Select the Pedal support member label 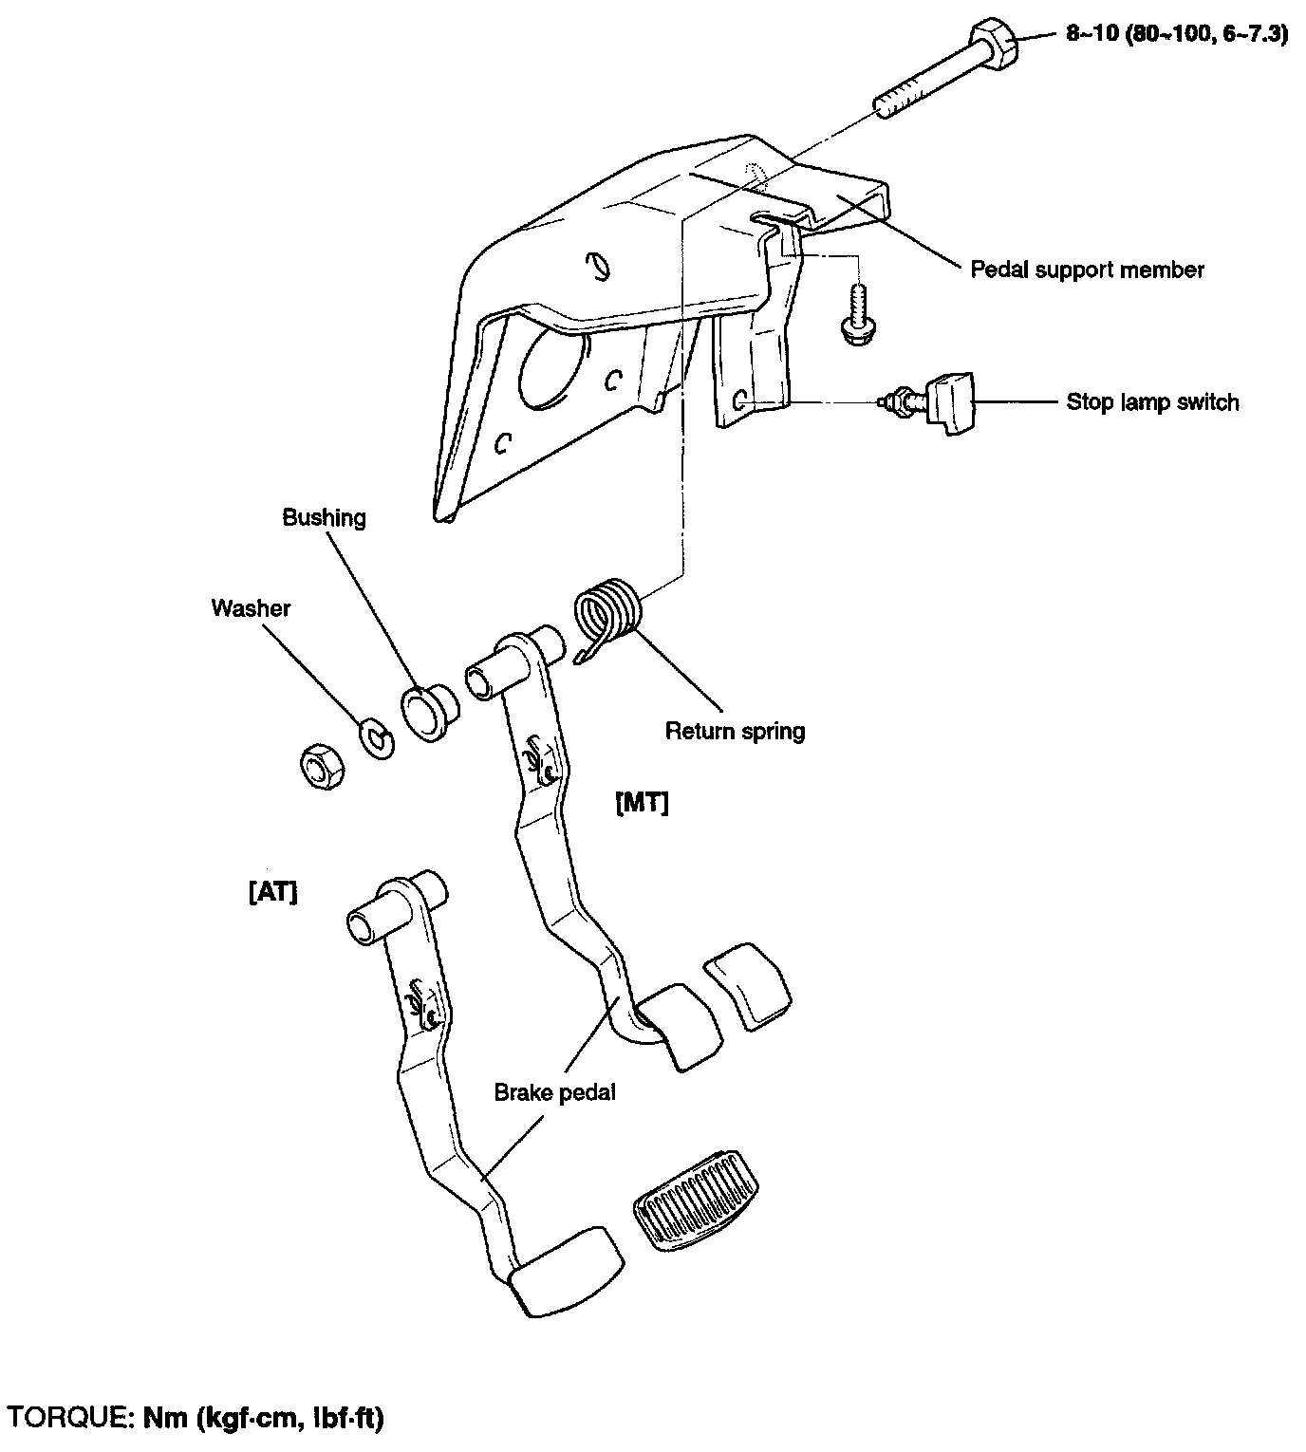pyautogui.click(x=1086, y=270)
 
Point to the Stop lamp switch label pyautogui.click(x=1152, y=402)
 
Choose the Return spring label pyautogui.click(x=735, y=731)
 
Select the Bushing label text pyautogui.click(x=324, y=518)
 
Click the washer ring pyautogui.click(x=377, y=738)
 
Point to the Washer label pyautogui.click(x=251, y=608)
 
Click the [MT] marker pyautogui.click(x=643, y=804)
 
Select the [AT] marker pyautogui.click(x=272, y=893)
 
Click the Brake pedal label pyautogui.click(x=554, y=1092)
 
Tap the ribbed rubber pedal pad pyautogui.click(x=697, y=1203)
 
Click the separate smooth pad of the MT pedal pyautogui.click(x=748, y=986)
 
